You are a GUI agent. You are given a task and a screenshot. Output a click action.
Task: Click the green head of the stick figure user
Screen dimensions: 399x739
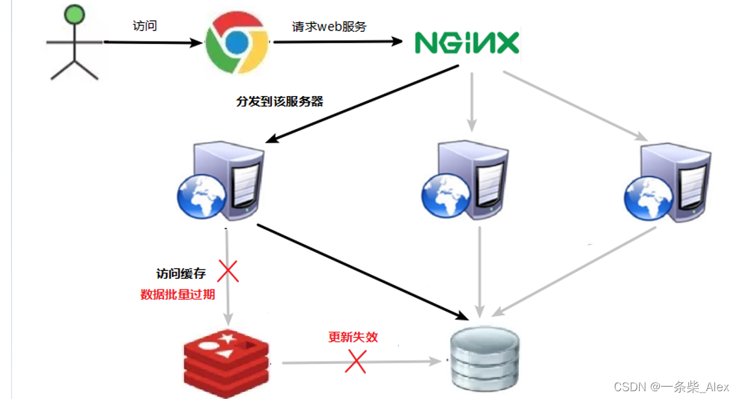click(75, 14)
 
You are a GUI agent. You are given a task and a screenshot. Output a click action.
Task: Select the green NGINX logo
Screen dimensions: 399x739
click(467, 42)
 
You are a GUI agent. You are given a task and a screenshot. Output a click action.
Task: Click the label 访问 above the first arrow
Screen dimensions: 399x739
click(143, 26)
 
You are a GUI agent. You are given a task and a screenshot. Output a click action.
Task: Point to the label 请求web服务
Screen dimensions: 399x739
click(329, 27)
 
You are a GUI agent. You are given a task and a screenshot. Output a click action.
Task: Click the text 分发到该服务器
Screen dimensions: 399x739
click(280, 101)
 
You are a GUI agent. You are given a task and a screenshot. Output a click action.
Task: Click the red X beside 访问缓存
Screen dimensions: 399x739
click(228, 271)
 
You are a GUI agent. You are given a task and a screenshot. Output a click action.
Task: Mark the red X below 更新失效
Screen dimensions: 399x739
click(356, 362)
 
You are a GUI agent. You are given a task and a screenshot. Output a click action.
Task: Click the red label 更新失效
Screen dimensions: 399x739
click(353, 337)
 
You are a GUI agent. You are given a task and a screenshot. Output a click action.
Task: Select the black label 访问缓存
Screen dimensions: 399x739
click(181, 274)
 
